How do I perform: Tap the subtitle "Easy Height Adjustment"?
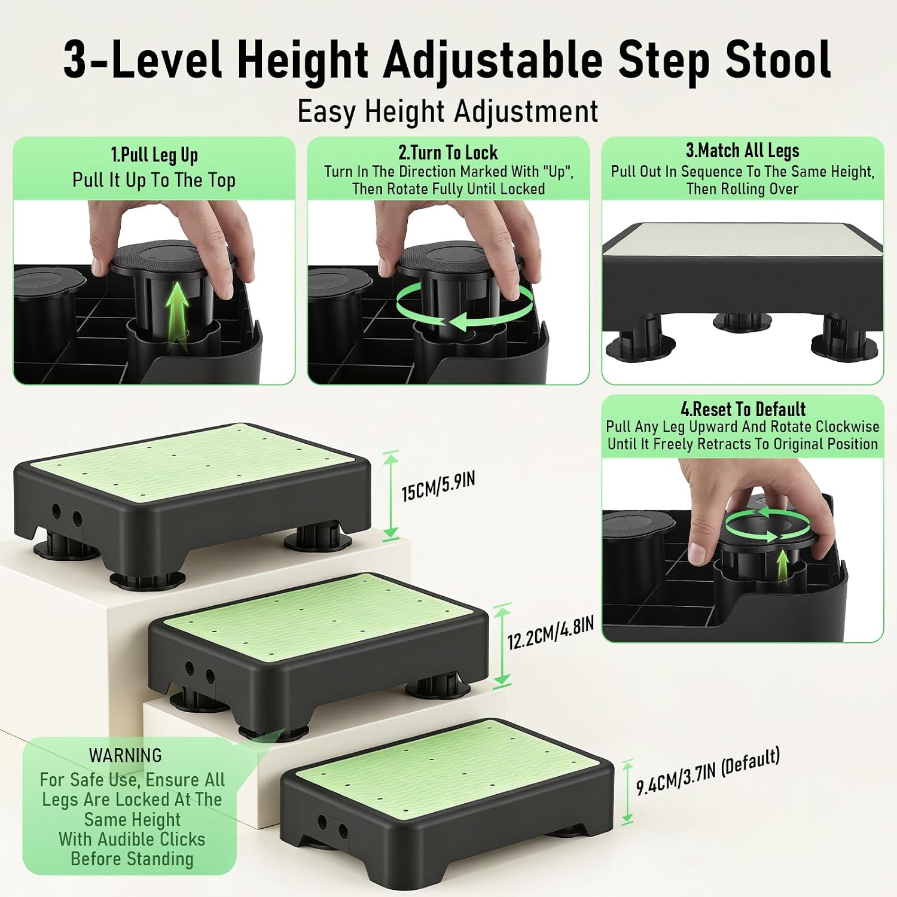pyautogui.click(x=448, y=112)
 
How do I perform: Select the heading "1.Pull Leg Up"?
pyautogui.click(x=154, y=155)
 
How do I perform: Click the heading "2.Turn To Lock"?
pyautogui.click(x=448, y=152)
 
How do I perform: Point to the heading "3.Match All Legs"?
pyautogui.click(x=742, y=150)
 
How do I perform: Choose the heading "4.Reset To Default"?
pyautogui.click(x=743, y=409)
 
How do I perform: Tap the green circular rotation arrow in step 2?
pyautogui.click(x=465, y=306)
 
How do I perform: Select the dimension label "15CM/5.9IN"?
pyautogui.click(x=438, y=486)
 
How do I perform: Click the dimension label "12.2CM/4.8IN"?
pyautogui.click(x=551, y=633)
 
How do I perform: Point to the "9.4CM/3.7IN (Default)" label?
pyautogui.click(x=708, y=771)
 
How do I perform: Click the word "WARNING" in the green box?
pyautogui.click(x=126, y=755)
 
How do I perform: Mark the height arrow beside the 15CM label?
pyautogui.click(x=390, y=495)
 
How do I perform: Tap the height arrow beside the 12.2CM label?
pyautogui.click(x=502, y=645)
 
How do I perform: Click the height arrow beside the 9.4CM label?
pyautogui.click(x=627, y=792)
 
